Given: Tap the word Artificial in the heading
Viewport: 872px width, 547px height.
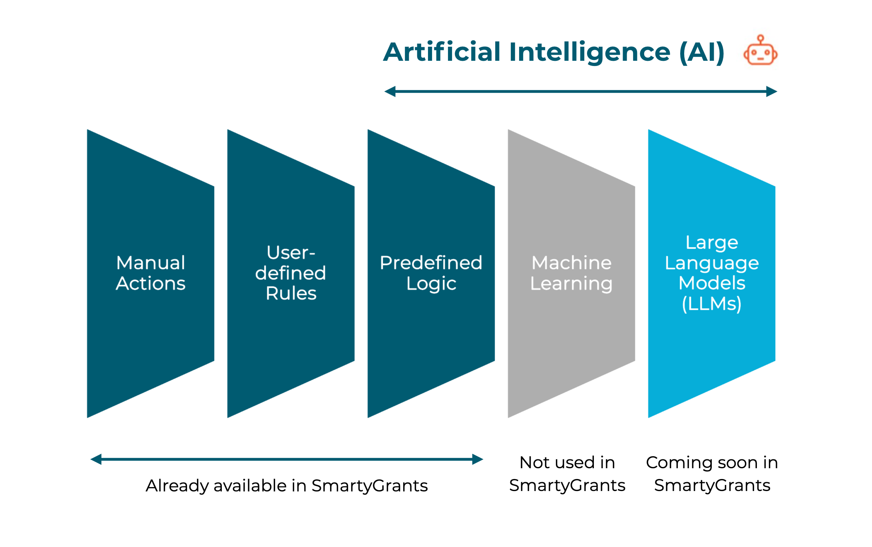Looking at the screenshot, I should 442,52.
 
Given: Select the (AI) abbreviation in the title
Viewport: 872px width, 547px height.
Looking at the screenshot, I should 702,52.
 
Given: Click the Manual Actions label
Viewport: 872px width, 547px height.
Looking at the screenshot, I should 151,273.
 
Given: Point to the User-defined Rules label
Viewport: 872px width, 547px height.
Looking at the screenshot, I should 291,273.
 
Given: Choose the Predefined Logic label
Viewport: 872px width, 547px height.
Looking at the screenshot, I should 431,273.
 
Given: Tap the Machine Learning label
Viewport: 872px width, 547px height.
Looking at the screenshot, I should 571,273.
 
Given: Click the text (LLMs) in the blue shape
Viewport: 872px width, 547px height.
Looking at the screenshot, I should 712,304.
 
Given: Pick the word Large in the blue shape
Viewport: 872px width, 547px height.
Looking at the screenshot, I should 712,242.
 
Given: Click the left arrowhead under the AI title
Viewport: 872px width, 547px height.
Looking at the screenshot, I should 390,92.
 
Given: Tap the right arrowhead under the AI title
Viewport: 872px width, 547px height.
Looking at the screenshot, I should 771,92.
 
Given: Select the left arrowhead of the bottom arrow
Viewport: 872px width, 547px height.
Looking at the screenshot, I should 96,459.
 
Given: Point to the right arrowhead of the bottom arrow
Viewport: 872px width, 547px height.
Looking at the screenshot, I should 478,459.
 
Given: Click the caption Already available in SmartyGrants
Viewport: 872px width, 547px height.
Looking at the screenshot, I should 287,485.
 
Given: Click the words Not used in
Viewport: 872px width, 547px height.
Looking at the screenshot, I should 567,463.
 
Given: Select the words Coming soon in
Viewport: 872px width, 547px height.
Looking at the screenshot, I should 712,463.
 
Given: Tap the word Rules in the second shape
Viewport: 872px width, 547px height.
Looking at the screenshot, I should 291,293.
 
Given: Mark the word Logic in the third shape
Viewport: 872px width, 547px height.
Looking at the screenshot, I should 431,284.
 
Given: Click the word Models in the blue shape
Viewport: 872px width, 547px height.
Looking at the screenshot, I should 712,283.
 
